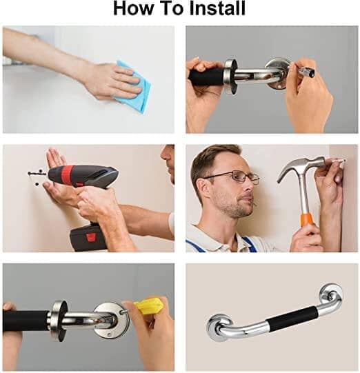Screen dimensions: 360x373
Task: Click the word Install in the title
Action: (217, 8)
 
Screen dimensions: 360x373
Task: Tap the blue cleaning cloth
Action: (134, 85)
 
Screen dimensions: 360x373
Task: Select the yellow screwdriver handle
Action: (148, 305)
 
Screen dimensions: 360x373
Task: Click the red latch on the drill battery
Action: (90, 236)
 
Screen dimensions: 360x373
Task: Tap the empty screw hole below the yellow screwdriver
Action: (109, 335)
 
